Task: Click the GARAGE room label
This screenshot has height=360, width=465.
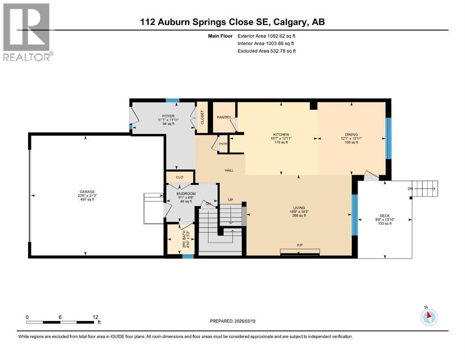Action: [x=87, y=191]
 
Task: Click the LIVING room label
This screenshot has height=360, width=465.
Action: [x=299, y=208]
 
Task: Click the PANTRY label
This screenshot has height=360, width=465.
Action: [x=223, y=117]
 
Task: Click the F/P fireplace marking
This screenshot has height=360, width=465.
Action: [x=300, y=245]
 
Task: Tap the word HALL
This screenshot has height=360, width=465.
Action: [x=229, y=171]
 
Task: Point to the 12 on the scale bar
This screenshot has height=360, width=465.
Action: [x=95, y=317]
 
